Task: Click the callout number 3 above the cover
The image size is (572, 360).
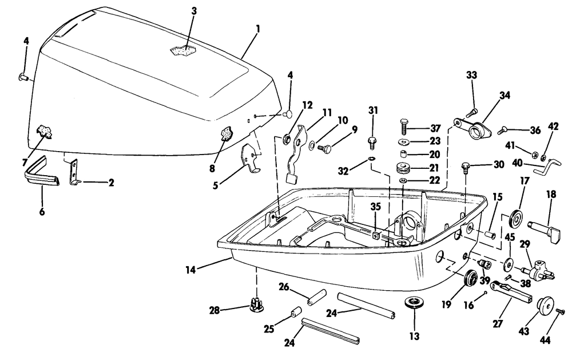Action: click(x=194, y=11)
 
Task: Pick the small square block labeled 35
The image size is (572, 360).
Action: click(x=376, y=235)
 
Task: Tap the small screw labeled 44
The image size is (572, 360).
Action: click(x=561, y=311)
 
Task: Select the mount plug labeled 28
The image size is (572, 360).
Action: click(x=257, y=304)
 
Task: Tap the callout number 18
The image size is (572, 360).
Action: click(x=551, y=195)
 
